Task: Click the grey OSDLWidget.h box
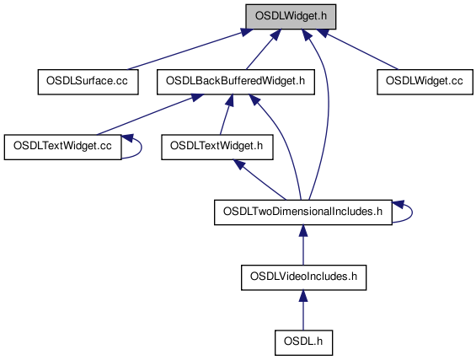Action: click(291, 17)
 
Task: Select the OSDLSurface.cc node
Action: click(88, 82)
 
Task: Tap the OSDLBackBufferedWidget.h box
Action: click(236, 82)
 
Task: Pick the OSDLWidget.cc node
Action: click(425, 82)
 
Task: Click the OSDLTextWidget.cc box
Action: click(63, 147)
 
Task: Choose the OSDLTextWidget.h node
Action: click(217, 147)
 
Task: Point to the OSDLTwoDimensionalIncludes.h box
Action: click(303, 212)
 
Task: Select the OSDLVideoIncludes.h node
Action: click(303, 277)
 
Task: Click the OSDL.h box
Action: click(303, 342)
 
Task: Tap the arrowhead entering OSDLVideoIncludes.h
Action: click(303, 296)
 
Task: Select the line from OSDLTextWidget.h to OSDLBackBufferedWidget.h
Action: click(226, 115)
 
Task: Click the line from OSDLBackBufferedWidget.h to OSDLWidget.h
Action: click(264, 49)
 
